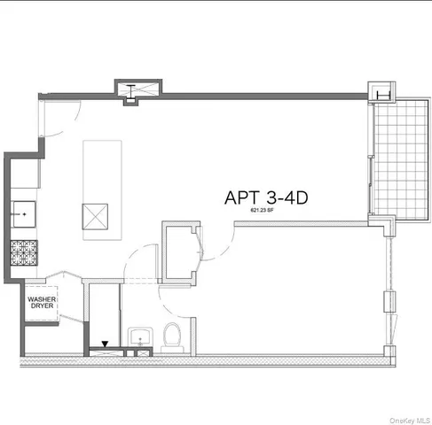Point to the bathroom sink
(x=139, y=336)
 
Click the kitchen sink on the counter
(x=24, y=212)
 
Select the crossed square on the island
(x=95, y=217)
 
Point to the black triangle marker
(x=106, y=344)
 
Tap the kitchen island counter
(x=95, y=185)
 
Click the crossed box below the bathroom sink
(x=140, y=352)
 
